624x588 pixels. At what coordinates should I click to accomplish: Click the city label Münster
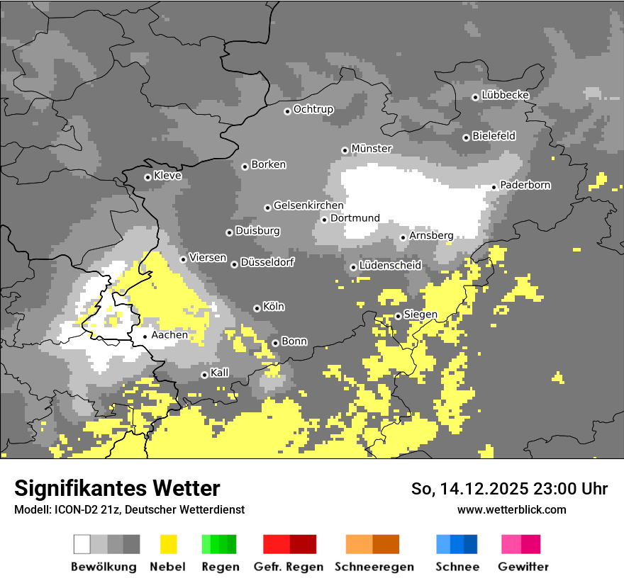click(372, 149)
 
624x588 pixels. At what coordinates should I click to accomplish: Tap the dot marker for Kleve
click(147, 177)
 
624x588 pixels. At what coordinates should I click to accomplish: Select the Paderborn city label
click(525, 186)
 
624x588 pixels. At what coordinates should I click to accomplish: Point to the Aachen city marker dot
click(145, 337)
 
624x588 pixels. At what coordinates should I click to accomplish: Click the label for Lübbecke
click(506, 95)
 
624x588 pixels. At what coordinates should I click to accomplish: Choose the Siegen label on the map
click(420, 315)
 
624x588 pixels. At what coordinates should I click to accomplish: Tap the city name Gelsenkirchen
click(308, 206)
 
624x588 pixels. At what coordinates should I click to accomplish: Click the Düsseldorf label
click(267, 263)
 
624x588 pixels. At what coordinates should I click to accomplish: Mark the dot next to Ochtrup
click(287, 111)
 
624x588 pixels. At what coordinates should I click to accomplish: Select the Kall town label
click(220, 373)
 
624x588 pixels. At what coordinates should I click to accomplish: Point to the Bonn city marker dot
click(275, 344)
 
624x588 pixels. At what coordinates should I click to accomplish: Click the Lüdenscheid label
click(390, 266)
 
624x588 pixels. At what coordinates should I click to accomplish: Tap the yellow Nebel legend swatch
click(169, 544)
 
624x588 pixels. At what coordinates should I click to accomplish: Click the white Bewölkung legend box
click(82, 544)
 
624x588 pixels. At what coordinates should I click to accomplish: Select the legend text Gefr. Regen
click(289, 567)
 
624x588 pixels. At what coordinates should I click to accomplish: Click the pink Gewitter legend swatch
click(511, 544)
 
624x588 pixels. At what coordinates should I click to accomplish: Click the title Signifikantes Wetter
click(117, 489)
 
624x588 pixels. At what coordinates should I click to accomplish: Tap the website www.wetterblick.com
click(512, 509)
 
